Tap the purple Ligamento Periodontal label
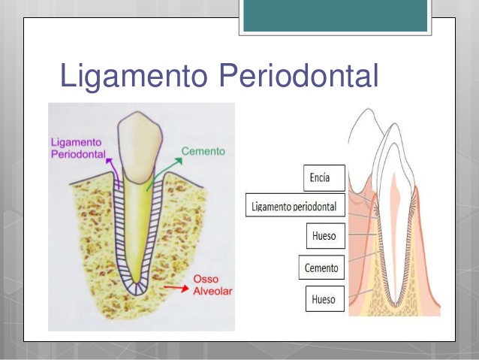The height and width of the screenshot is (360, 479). (77, 147)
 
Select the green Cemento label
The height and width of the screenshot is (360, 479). (203, 151)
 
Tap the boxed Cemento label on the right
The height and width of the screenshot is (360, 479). (321, 267)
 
